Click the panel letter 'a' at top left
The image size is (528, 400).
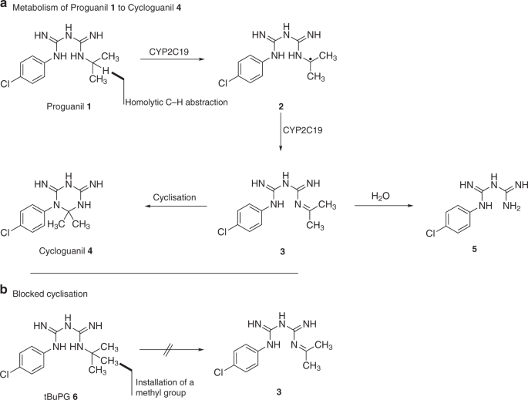(x=5, y=5)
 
